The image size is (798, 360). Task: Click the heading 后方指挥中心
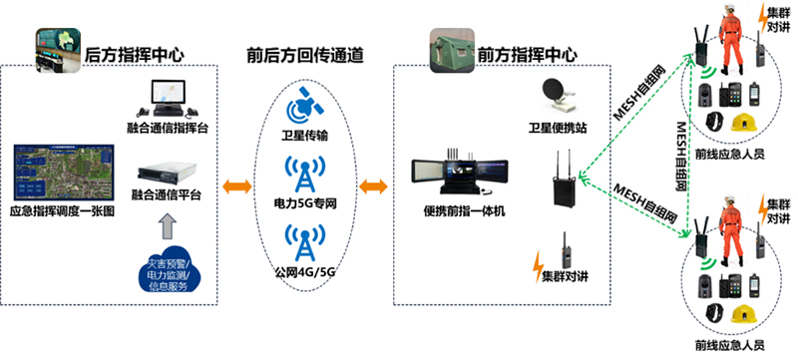[136, 54]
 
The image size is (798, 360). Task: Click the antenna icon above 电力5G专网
[304, 176]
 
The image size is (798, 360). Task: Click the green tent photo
[450, 48]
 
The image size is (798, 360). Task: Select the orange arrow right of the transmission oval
[374, 186]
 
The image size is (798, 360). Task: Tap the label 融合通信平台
[168, 195]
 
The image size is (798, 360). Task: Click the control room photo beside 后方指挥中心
[57, 48]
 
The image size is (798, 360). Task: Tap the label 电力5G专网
[304, 203]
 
